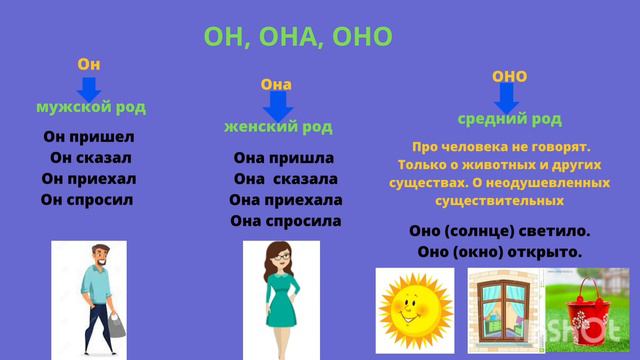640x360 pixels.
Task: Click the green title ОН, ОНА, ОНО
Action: click(x=298, y=37)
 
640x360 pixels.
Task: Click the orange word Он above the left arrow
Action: click(x=89, y=64)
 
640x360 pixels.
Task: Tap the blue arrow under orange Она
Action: click(x=277, y=105)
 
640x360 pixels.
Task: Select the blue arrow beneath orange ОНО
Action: click(x=507, y=98)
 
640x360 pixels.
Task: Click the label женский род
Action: click(x=277, y=127)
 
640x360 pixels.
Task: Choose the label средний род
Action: click(x=509, y=119)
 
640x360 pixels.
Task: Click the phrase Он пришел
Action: click(x=89, y=137)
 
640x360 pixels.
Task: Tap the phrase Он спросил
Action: click(x=88, y=200)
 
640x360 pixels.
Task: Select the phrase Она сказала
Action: click(x=285, y=179)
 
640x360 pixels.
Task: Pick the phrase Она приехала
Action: click(x=285, y=200)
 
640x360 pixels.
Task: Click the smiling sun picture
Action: click(x=414, y=310)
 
